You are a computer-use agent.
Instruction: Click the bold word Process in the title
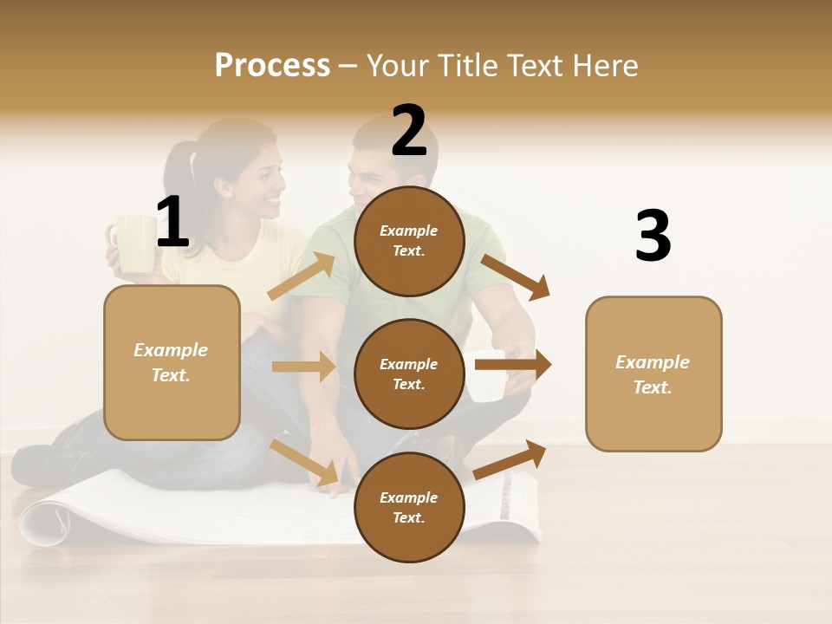pyautogui.click(x=272, y=66)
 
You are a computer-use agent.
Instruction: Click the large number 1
pyautogui.click(x=172, y=223)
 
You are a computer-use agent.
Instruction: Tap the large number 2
pyautogui.click(x=409, y=132)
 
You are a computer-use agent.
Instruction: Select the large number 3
pyautogui.click(x=653, y=236)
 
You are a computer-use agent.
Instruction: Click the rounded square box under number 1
pyautogui.click(x=172, y=362)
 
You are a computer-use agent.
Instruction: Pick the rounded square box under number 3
pyautogui.click(x=653, y=374)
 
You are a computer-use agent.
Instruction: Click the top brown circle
pyautogui.click(x=409, y=241)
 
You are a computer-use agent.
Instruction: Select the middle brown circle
pyautogui.click(x=409, y=374)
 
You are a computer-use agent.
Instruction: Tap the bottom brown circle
pyautogui.click(x=409, y=507)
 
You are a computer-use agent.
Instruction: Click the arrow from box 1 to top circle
pyautogui.click(x=302, y=276)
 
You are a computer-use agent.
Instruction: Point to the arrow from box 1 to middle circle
pyautogui.click(x=303, y=367)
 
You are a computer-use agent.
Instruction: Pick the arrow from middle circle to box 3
pyautogui.click(x=512, y=365)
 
